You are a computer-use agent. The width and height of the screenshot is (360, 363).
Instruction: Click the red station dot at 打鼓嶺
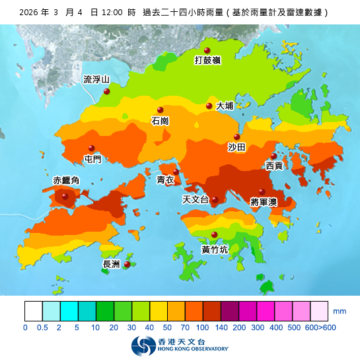(207, 51)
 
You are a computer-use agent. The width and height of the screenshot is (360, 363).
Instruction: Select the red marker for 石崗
(159, 110)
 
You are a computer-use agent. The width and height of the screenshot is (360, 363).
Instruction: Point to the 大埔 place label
(225, 106)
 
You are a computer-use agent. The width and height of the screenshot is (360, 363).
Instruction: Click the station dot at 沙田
(237, 137)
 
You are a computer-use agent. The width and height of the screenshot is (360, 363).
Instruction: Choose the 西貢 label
(274, 166)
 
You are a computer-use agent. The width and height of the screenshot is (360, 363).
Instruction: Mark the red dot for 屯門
(92, 148)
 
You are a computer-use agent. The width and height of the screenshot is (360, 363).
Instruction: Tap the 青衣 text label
(165, 180)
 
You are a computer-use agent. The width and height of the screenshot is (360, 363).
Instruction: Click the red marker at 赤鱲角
(65, 195)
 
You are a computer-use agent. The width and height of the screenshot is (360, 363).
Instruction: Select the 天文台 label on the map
(195, 199)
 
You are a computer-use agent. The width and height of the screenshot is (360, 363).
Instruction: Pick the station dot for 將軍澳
(262, 191)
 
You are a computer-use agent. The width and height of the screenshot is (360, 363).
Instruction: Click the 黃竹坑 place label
(215, 249)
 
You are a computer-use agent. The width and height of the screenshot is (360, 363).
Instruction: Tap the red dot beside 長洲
(127, 265)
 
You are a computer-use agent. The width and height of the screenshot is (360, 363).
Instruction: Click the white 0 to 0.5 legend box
(33, 310)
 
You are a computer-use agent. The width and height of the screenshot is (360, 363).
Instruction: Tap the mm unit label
(340, 310)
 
